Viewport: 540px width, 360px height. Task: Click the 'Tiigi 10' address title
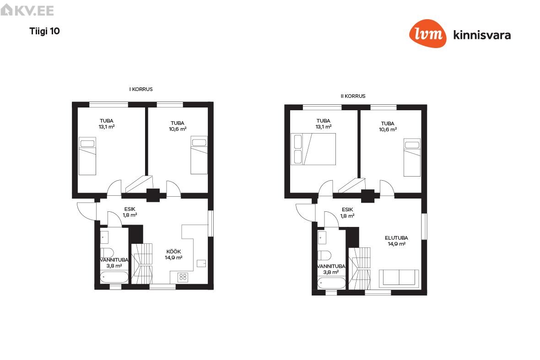pos(44,31)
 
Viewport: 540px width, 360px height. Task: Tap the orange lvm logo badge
pos(428,33)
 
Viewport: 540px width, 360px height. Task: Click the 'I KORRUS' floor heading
pos(141,89)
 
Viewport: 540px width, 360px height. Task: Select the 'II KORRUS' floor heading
pos(353,96)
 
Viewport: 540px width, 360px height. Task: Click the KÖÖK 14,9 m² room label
pos(173,255)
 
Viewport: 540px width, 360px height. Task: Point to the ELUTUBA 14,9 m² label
pos(396,241)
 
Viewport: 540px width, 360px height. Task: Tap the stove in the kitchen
pos(183,277)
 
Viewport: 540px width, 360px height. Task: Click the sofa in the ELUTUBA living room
pos(399,279)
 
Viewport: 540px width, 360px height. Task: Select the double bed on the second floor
pos(313,149)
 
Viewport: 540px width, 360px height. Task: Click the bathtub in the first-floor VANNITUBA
pos(114,277)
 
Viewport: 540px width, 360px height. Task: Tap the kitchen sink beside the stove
pos(201,263)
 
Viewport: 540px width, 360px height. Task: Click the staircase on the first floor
pos(142,263)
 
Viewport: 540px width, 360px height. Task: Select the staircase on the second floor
pos(360,269)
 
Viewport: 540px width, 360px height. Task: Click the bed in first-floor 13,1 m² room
pos(87,156)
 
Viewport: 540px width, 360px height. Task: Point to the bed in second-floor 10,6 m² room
pos(412,158)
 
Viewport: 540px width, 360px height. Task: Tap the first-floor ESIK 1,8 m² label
pos(130,212)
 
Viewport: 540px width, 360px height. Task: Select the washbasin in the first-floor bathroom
pos(104,237)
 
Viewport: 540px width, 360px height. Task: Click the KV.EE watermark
pos(27,10)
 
